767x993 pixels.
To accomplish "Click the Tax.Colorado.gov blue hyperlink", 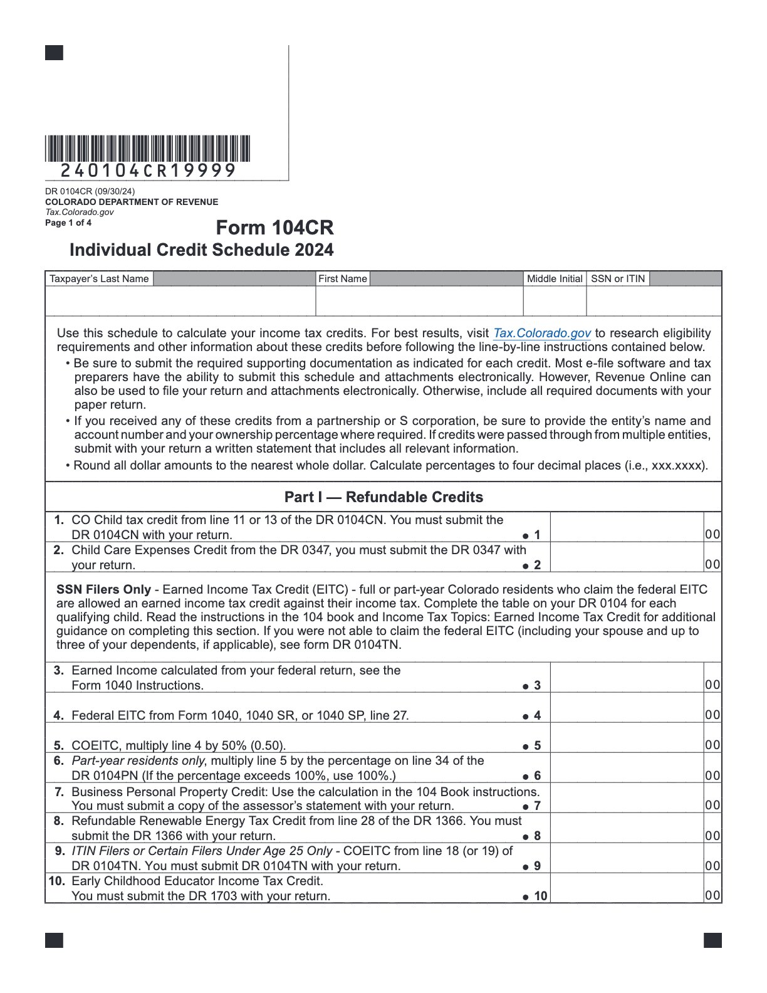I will (x=542, y=333).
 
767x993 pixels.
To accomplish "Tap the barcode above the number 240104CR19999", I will (x=147, y=149).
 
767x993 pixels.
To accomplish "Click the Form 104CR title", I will (x=274, y=228).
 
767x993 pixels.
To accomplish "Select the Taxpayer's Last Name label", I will (x=99, y=279).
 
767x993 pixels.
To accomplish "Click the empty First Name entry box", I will (x=419, y=302).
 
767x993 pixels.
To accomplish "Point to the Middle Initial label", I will (x=555, y=279).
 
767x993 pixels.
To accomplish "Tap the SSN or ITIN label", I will (x=618, y=279).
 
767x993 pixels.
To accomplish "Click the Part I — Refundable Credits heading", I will (x=383, y=497).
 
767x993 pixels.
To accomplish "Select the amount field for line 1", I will (x=627, y=527).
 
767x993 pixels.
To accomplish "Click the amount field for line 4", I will (x=627, y=708).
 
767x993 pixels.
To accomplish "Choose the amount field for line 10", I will (x=627, y=888).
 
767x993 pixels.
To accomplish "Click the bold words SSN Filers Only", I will (x=103, y=589).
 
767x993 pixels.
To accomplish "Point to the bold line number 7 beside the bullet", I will (x=537, y=806).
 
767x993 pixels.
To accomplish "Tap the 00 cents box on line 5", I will (x=712, y=745).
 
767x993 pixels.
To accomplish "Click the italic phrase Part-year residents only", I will (x=137, y=760).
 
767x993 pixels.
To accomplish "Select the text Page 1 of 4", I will (x=68, y=223).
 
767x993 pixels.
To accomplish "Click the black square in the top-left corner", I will (x=54, y=53).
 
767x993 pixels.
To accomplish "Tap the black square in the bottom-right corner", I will (x=712, y=940).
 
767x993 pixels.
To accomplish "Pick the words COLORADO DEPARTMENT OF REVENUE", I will (x=132, y=202).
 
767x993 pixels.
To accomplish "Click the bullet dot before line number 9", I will (x=526, y=867).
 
